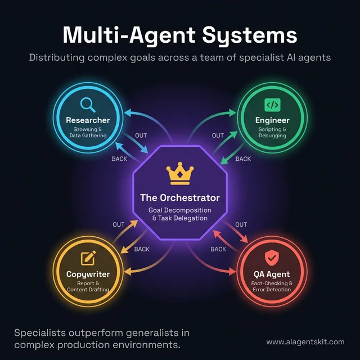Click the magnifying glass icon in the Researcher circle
click(x=88, y=104)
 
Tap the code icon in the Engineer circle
click(x=272, y=105)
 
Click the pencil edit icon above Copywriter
click(x=88, y=258)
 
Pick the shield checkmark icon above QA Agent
click(x=272, y=258)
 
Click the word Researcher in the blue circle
click(x=88, y=120)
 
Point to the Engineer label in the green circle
click(x=272, y=120)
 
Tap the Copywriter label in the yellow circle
click(x=88, y=274)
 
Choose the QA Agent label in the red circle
click(x=272, y=274)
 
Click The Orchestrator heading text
click(x=180, y=198)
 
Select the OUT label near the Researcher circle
click(x=142, y=136)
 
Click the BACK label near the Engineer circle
click(x=243, y=159)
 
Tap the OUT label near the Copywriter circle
click(x=119, y=225)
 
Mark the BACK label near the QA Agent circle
click(x=218, y=249)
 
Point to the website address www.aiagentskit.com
click(x=305, y=341)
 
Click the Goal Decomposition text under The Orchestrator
click(x=180, y=210)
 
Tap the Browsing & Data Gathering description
click(x=88, y=133)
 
